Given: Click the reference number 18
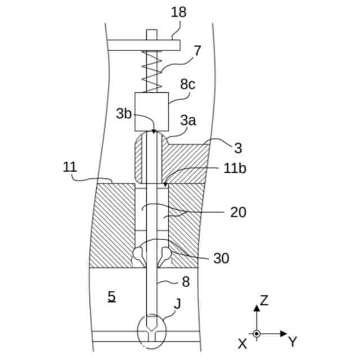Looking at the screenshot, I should [x=178, y=12].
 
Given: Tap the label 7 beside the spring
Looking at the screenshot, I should [x=197, y=51].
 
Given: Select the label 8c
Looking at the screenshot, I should [x=187, y=85].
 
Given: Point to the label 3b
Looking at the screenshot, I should [x=124, y=113].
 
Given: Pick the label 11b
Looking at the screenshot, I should [x=235, y=167].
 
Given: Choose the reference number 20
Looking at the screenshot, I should [x=238, y=212].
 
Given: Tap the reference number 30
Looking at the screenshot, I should [x=221, y=258].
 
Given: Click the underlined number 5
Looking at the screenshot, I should [x=112, y=296].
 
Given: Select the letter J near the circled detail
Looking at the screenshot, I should [x=177, y=304].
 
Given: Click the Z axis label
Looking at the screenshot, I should [x=264, y=300].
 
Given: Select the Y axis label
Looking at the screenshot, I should [x=292, y=341].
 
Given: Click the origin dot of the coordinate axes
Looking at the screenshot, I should [x=256, y=334].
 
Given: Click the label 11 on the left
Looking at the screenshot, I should [x=70, y=167].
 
